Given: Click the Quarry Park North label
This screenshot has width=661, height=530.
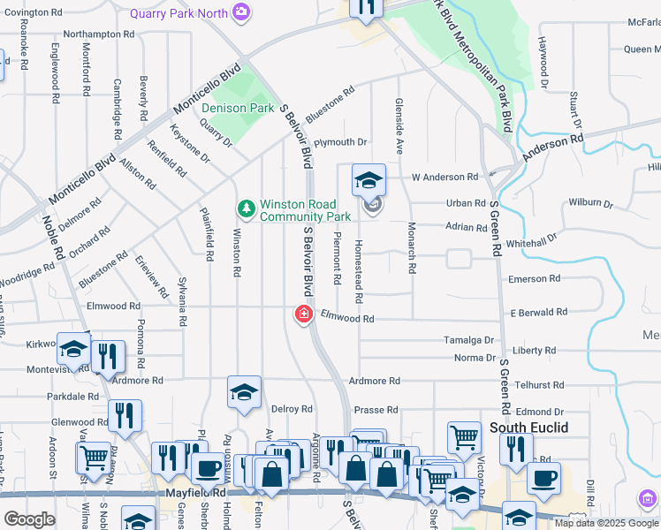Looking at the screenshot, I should (179, 13).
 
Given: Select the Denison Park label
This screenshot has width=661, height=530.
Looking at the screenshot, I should (237, 109).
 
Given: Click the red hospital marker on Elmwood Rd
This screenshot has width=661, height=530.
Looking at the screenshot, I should (303, 314).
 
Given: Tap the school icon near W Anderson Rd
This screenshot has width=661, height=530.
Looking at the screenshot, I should (368, 181).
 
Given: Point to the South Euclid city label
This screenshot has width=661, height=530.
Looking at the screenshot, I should (529, 428).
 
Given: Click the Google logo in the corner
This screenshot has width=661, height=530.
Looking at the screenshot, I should (30, 519).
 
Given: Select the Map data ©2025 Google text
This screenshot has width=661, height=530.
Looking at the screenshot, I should (605, 523).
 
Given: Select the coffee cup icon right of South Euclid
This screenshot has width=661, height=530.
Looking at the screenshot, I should (543, 478).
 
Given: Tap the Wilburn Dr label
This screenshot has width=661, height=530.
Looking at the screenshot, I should (590, 201).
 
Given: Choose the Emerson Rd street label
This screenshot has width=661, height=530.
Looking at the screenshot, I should (534, 278).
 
